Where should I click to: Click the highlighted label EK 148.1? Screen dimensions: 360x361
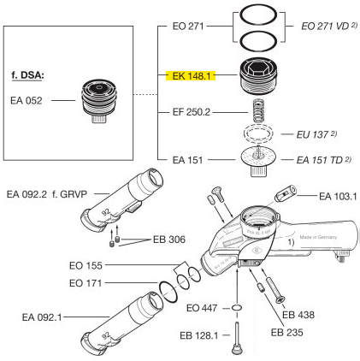click(x=191, y=76)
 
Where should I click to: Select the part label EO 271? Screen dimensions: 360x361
click(x=188, y=27)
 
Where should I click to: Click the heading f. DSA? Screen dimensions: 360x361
click(x=27, y=75)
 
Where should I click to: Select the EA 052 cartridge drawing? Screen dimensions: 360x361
click(x=99, y=101)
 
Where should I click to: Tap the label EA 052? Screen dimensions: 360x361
click(x=27, y=100)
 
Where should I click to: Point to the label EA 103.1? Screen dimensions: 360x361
click(x=338, y=196)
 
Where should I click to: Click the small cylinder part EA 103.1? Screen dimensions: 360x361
click(x=286, y=193)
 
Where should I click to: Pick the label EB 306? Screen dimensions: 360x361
click(x=169, y=240)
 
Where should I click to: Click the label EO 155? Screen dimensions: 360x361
click(x=86, y=265)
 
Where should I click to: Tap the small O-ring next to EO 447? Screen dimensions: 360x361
click(x=237, y=308)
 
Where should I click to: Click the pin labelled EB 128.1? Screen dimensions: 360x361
click(x=236, y=338)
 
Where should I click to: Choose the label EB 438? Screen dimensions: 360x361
click(x=298, y=315)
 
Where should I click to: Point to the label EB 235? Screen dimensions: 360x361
click(x=287, y=332)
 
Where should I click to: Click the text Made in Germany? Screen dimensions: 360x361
click(x=318, y=237)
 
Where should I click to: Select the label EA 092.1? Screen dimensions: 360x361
click(x=42, y=317)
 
